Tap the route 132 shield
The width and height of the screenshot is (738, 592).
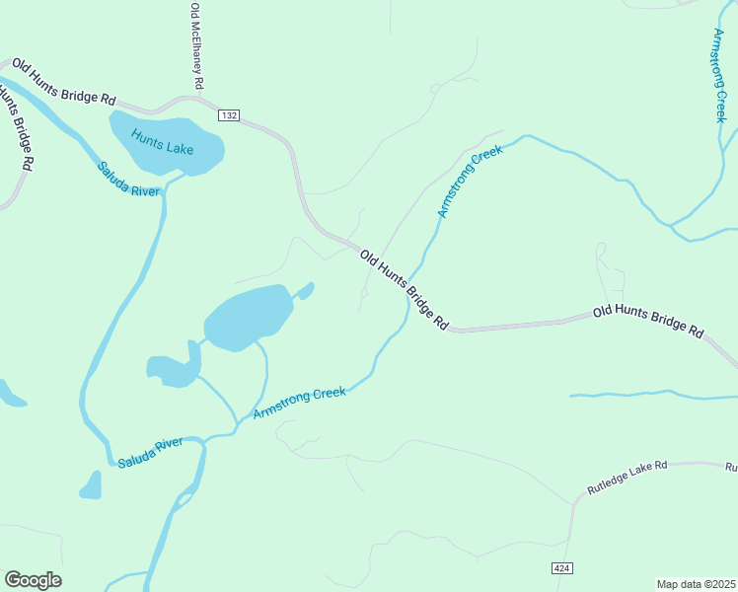click(x=229, y=115)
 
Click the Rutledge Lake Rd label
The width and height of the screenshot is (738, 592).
click(x=627, y=478)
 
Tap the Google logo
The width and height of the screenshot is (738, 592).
click(x=33, y=580)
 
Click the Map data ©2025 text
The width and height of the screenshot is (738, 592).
click(x=696, y=584)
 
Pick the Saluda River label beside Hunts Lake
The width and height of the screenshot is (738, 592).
click(x=128, y=179)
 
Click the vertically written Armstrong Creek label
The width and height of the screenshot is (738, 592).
click(x=719, y=75)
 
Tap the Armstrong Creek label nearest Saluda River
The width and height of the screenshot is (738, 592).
click(x=299, y=402)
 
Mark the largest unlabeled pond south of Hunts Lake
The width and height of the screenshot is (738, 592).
click(x=248, y=318)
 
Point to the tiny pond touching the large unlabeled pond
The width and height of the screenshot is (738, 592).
click(x=306, y=290)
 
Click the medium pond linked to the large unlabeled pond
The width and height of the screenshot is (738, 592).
click(x=174, y=369)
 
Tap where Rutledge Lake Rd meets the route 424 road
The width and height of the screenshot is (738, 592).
click(x=573, y=502)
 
